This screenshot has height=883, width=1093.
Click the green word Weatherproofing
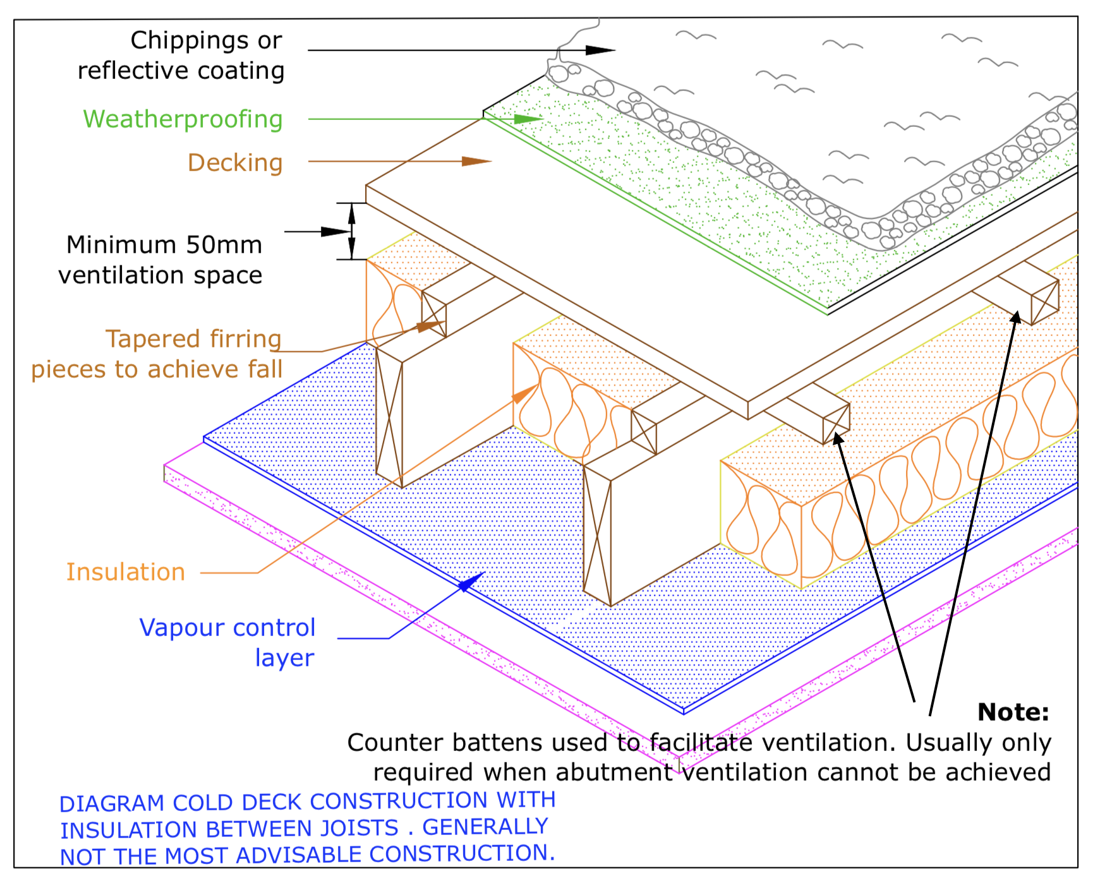pos(183,119)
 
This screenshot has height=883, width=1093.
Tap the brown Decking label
pos(235,163)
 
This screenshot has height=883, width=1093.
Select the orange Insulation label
pos(126,572)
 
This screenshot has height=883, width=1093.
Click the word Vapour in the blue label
pos(179,628)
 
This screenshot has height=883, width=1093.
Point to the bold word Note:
pos(1013,712)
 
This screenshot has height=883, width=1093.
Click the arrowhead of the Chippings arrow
pos(600,51)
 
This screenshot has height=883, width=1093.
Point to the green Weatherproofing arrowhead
pos(529,119)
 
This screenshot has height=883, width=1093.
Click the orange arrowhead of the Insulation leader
pos(525,394)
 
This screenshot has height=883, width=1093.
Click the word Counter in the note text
pos(391,743)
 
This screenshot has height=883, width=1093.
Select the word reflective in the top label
pos(125,71)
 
